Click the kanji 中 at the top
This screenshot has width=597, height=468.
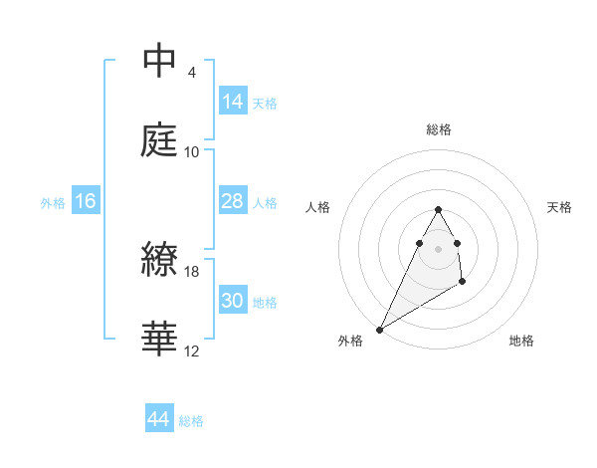(160, 62)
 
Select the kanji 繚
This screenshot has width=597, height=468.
(160, 260)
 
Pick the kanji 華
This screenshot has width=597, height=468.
(160, 340)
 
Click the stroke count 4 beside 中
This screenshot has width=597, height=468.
(192, 72)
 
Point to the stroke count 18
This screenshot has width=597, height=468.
(193, 271)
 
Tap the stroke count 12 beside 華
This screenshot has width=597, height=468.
(192, 351)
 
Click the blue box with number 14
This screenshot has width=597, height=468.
(232, 101)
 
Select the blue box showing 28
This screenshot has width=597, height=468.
(232, 200)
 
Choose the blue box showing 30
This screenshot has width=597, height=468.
(232, 300)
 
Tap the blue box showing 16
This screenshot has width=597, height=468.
(86, 201)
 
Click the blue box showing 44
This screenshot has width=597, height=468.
(159, 419)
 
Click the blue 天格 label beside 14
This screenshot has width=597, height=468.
(265, 103)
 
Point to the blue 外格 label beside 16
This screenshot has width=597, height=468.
(53, 202)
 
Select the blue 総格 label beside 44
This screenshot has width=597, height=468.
(191, 421)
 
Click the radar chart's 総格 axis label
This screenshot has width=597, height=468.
(439, 129)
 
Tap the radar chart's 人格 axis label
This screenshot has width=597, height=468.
(318, 207)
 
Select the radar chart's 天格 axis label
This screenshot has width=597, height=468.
(560, 207)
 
